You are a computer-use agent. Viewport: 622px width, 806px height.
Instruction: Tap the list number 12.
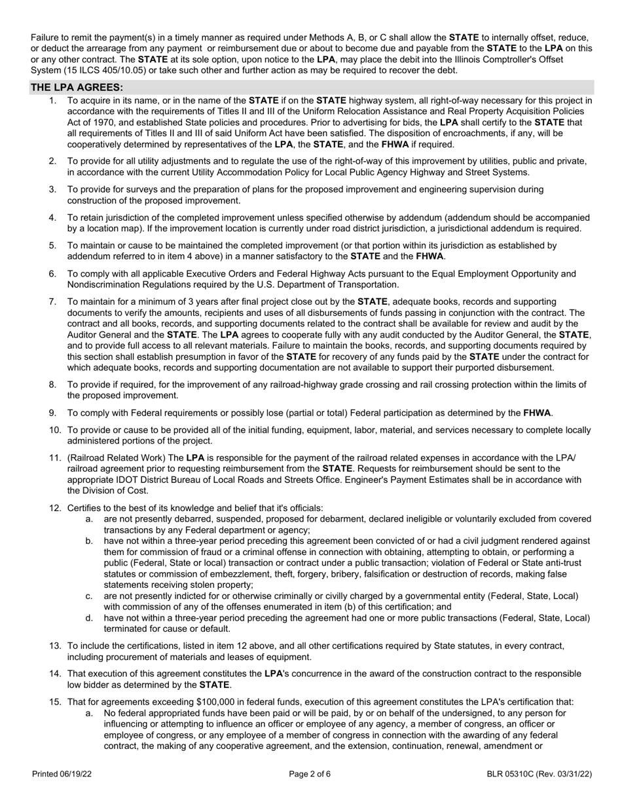54,508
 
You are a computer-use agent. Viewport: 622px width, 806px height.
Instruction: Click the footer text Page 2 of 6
310,774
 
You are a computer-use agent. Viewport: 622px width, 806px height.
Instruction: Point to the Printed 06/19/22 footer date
62,774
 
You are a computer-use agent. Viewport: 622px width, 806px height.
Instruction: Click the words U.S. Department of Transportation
342,284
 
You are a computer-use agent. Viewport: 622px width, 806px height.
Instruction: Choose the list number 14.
54,674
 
